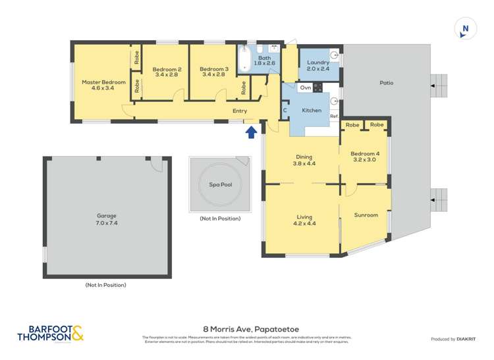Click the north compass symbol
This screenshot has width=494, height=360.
click(x=466, y=30)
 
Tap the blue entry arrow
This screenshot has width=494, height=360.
click(x=251, y=134)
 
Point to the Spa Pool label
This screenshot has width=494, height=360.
click(x=221, y=185)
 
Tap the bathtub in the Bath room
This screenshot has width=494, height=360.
click(x=245, y=60)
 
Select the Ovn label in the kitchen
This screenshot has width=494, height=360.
click(x=305, y=87)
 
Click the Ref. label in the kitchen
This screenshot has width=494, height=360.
click(x=334, y=116)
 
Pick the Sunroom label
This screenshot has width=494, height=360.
click(x=366, y=215)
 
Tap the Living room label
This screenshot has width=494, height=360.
click(x=304, y=217)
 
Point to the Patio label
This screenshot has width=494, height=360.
click(x=386, y=83)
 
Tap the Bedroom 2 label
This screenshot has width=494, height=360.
click(x=167, y=69)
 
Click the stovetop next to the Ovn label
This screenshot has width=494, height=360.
click(x=318, y=87)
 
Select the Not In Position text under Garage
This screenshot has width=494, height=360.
click(x=105, y=285)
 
